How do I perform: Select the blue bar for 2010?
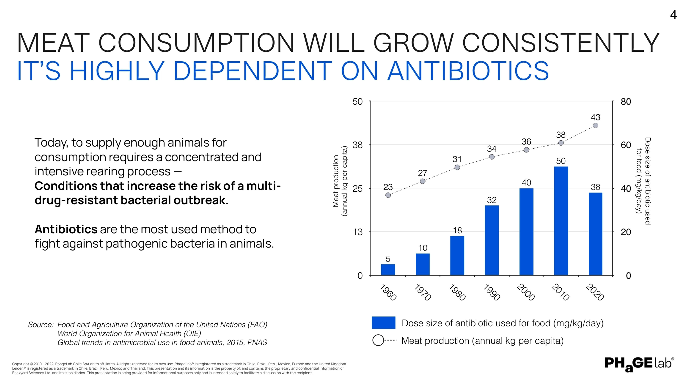pos(561,220)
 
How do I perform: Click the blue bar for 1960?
pos(388,269)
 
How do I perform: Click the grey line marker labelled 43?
pos(596,125)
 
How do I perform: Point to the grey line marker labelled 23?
pos(388,195)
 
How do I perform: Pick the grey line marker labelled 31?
pos(457,167)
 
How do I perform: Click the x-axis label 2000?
pos(526,292)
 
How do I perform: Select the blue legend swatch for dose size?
pos(384,323)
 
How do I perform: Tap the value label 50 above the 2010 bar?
pos(561,161)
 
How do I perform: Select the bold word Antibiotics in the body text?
pos(66,229)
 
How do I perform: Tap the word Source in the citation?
pos(41,325)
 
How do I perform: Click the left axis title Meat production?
pos(336,181)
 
